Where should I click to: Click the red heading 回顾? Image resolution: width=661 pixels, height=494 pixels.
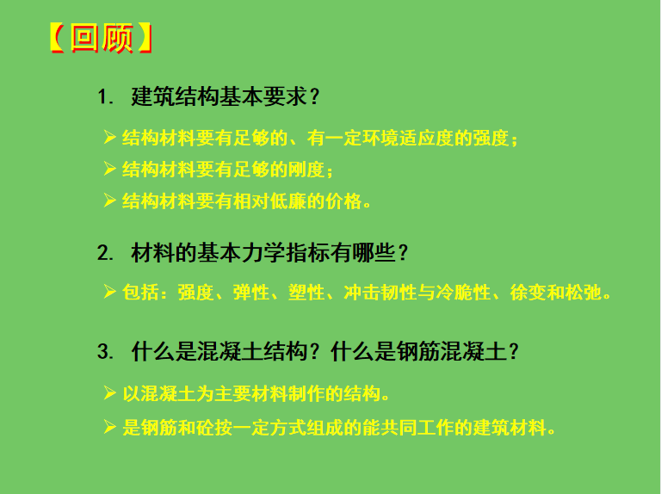click(x=102, y=39)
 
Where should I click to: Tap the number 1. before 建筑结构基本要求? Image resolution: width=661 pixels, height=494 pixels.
click(x=105, y=97)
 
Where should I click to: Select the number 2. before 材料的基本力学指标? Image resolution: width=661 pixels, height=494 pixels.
click(x=105, y=253)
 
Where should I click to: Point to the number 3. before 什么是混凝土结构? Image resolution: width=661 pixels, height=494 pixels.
click(x=105, y=351)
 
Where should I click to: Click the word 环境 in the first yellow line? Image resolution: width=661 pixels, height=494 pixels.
click(x=380, y=139)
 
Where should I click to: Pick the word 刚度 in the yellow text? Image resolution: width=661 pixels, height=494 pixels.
click(x=306, y=170)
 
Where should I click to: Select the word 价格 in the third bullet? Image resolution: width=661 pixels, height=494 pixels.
click(x=343, y=201)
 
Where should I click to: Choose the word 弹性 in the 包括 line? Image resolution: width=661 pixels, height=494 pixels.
click(x=251, y=293)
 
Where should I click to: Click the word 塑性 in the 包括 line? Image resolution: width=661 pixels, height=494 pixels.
click(x=306, y=293)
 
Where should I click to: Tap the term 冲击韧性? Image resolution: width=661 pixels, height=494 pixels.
click(x=380, y=293)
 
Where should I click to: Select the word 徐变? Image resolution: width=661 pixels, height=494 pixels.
click(x=528, y=293)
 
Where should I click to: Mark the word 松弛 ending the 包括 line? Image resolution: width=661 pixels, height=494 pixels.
click(x=584, y=293)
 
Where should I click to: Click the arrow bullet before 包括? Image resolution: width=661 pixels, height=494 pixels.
click(x=109, y=292)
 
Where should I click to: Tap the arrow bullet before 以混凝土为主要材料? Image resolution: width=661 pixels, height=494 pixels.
click(x=109, y=392)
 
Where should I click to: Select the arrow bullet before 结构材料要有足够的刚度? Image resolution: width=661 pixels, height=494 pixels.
click(x=109, y=169)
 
